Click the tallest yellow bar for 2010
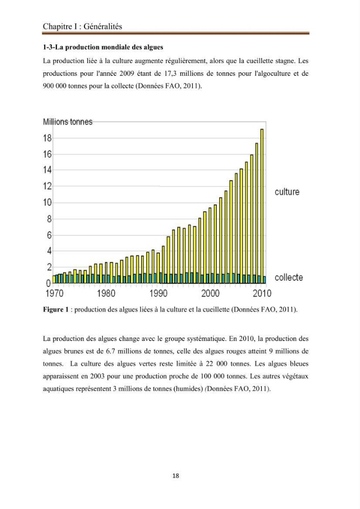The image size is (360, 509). pyautogui.click(x=262, y=206)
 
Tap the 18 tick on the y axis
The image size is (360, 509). pyautogui.click(x=47, y=138)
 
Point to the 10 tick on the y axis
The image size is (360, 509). pyautogui.click(x=47, y=203)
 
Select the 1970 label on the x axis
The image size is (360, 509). pyautogui.click(x=54, y=294)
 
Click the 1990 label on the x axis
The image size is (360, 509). pyautogui.click(x=158, y=294)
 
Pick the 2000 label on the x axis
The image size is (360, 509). pyautogui.click(x=210, y=294)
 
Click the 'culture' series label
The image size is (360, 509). pyautogui.click(x=287, y=192)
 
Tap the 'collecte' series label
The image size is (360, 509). pyautogui.click(x=289, y=277)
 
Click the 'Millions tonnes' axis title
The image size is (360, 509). pyautogui.click(x=68, y=122)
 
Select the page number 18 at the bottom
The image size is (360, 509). pyautogui.click(x=176, y=476)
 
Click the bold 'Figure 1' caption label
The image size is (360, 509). pyautogui.click(x=56, y=309)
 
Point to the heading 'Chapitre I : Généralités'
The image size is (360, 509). pyautogui.click(x=82, y=26)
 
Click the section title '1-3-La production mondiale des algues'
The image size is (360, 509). pyautogui.click(x=103, y=47)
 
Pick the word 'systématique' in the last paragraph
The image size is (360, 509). pyautogui.click(x=205, y=339)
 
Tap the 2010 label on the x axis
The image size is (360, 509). pyautogui.click(x=262, y=294)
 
